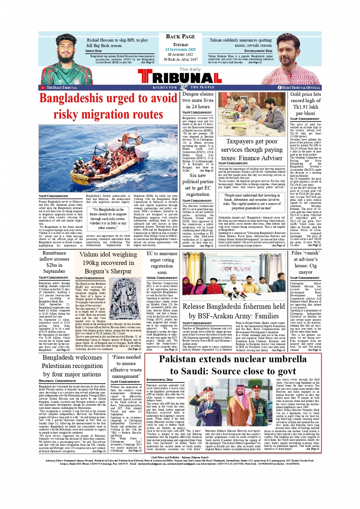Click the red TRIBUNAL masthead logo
(x=180, y=78)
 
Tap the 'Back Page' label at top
(x=180, y=37)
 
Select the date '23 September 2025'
(x=180, y=50)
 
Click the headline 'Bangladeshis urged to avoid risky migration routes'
(x=108, y=106)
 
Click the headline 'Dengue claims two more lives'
(x=198, y=100)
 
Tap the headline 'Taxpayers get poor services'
(x=251, y=150)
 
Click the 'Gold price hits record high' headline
(x=306, y=104)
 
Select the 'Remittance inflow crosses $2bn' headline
(x=54, y=262)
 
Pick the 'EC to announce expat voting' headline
(x=162, y=263)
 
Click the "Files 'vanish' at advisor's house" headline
(x=305, y=262)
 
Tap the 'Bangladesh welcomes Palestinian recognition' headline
(x=72, y=366)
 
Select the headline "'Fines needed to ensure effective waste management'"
(x=126, y=367)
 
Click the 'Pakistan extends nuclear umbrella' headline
(x=232, y=365)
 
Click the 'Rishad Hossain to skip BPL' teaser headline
(x=117, y=43)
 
